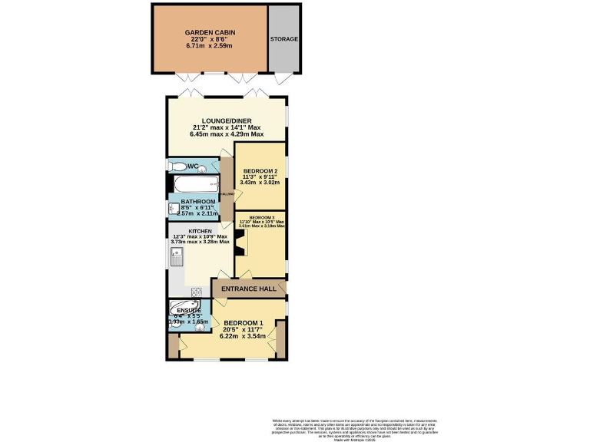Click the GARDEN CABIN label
(210, 32)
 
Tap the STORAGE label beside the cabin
(283, 39)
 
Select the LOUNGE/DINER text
(226, 120)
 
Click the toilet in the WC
(174, 167)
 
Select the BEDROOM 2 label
(260, 170)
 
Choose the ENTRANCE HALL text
(247, 289)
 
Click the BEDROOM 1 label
(243, 323)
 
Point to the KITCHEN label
(201, 231)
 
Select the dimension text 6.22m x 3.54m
(243, 336)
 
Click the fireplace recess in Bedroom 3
(240, 244)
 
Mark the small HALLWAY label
(227, 195)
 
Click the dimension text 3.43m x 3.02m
(260, 183)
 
